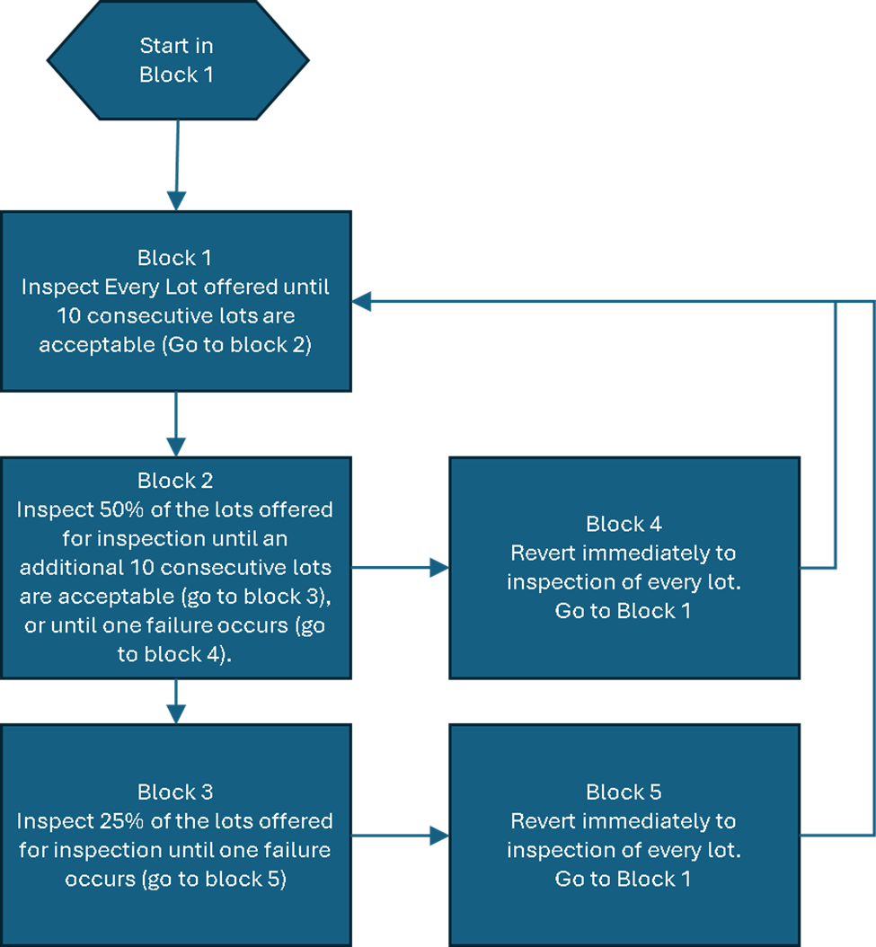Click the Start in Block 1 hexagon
[177, 60]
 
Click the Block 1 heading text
[174, 259]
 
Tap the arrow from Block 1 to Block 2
[176, 423]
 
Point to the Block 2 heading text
[174, 481]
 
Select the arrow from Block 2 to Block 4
[399, 568]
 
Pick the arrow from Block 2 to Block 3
[176, 701]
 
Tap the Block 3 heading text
[174, 792]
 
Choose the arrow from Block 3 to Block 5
[399, 836]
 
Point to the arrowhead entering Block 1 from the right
[362, 302]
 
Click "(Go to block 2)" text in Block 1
[236, 345]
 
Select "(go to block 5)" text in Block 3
[213, 879]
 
